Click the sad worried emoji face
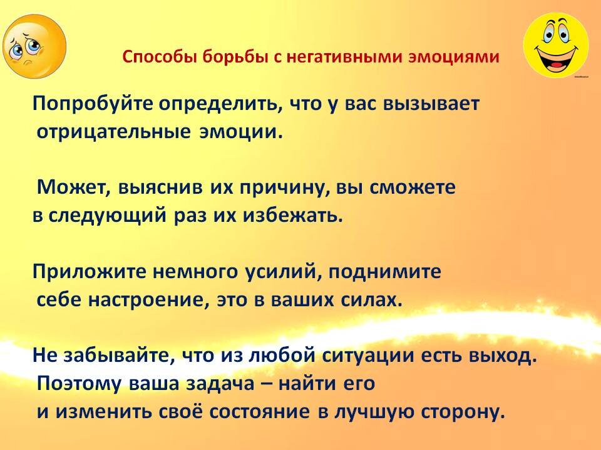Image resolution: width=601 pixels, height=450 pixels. click(x=34, y=47)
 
